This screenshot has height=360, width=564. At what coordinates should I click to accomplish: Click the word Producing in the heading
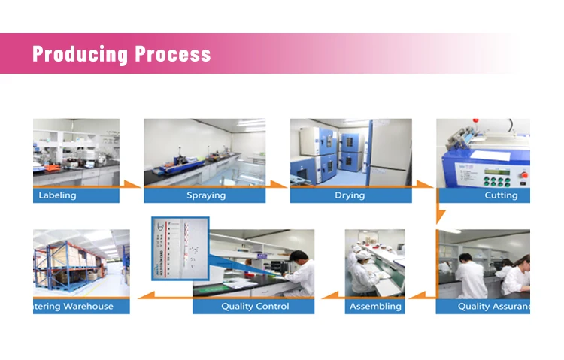(80, 54)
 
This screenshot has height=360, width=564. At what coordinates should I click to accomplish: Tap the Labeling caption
(57, 195)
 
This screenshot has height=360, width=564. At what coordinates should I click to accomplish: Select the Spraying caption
(206, 195)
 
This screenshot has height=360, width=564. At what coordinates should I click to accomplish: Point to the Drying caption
(350, 195)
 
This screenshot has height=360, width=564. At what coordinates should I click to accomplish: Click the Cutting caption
(501, 195)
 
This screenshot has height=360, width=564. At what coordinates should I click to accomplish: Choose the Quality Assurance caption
(493, 307)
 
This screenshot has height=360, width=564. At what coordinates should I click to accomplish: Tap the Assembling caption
(375, 307)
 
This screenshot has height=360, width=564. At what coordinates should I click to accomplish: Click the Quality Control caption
(255, 307)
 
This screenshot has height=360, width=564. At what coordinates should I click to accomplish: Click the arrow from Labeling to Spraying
(132, 184)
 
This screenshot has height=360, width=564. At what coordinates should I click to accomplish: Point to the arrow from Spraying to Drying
(278, 184)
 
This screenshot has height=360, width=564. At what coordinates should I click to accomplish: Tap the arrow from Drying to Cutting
(426, 184)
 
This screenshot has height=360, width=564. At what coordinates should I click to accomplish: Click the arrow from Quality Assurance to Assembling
(419, 296)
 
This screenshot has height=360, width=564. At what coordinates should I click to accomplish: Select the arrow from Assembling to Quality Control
(329, 296)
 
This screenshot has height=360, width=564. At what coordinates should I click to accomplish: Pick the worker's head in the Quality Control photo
(299, 257)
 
